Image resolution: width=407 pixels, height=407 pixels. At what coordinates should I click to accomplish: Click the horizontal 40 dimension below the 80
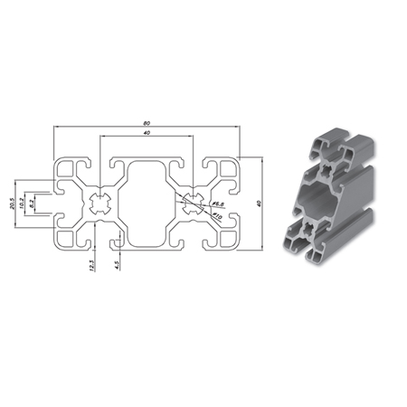click(147, 135)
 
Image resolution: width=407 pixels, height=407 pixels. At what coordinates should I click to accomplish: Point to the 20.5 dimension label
click(14, 204)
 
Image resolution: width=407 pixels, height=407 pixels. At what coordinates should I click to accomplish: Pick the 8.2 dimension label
click(33, 205)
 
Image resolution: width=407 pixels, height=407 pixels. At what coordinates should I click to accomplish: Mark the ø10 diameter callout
click(217, 216)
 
